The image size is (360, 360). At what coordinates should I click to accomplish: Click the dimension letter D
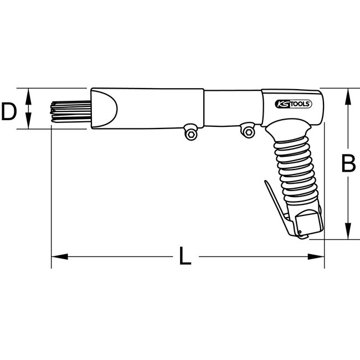click(8, 112)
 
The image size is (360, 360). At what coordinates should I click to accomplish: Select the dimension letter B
click(347, 164)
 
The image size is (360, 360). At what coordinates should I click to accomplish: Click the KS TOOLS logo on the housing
click(294, 104)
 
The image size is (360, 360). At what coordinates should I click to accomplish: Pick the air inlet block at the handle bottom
click(309, 224)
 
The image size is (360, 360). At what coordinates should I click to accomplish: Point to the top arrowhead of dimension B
click(347, 95)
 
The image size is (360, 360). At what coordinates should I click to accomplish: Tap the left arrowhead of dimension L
click(58, 256)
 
